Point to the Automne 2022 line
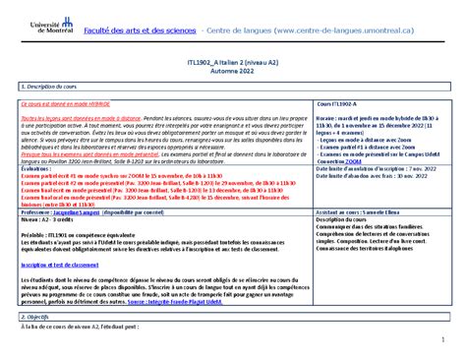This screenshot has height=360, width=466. (x=232, y=73)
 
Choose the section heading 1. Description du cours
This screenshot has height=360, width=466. (x=54, y=87)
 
